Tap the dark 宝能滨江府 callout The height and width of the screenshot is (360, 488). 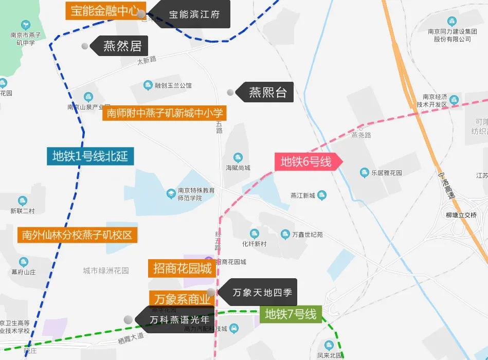(x=194, y=14)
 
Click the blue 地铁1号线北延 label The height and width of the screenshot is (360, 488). (x=90, y=155)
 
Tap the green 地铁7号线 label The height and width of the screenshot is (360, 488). (x=291, y=314)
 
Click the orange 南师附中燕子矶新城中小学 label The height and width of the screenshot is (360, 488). (x=165, y=113)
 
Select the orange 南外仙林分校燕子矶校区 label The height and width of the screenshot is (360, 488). (x=77, y=235)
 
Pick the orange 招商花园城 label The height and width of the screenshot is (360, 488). (x=182, y=268)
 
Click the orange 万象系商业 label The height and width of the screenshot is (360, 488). (x=182, y=299)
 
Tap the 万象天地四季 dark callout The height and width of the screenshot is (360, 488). (x=261, y=293)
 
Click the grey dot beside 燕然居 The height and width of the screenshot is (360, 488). (x=85, y=46)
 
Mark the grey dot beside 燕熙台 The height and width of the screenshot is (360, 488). (x=230, y=93)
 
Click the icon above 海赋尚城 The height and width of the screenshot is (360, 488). (x=238, y=157)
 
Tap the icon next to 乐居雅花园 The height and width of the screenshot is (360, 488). (x=365, y=172)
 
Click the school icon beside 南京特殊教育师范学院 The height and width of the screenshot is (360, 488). (x=171, y=194)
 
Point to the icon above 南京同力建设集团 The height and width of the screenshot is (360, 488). (x=452, y=21)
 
